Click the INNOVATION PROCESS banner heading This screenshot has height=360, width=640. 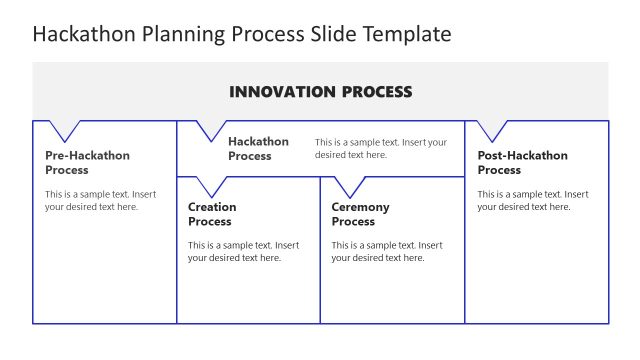point(320,92)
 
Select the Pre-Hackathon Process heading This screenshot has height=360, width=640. point(87,162)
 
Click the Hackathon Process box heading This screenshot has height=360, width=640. point(258,148)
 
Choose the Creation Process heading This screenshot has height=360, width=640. point(212,214)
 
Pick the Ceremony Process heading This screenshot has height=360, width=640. point(360,214)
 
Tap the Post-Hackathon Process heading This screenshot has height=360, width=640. point(522,162)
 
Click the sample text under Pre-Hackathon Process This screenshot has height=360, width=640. point(100,200)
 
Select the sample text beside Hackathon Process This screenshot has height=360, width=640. point(380,148)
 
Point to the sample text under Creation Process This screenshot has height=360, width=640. point(243,251)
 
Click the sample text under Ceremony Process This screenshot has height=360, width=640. point(387,251)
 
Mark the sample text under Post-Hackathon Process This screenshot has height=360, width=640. point(532,200)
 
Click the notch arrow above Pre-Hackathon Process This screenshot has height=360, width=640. point(65,129)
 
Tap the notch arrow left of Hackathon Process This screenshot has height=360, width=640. point(211,129)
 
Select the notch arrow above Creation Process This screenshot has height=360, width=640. point(211,185)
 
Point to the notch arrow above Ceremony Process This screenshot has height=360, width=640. point(349,185)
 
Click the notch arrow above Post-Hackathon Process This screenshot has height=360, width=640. point(493,129)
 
